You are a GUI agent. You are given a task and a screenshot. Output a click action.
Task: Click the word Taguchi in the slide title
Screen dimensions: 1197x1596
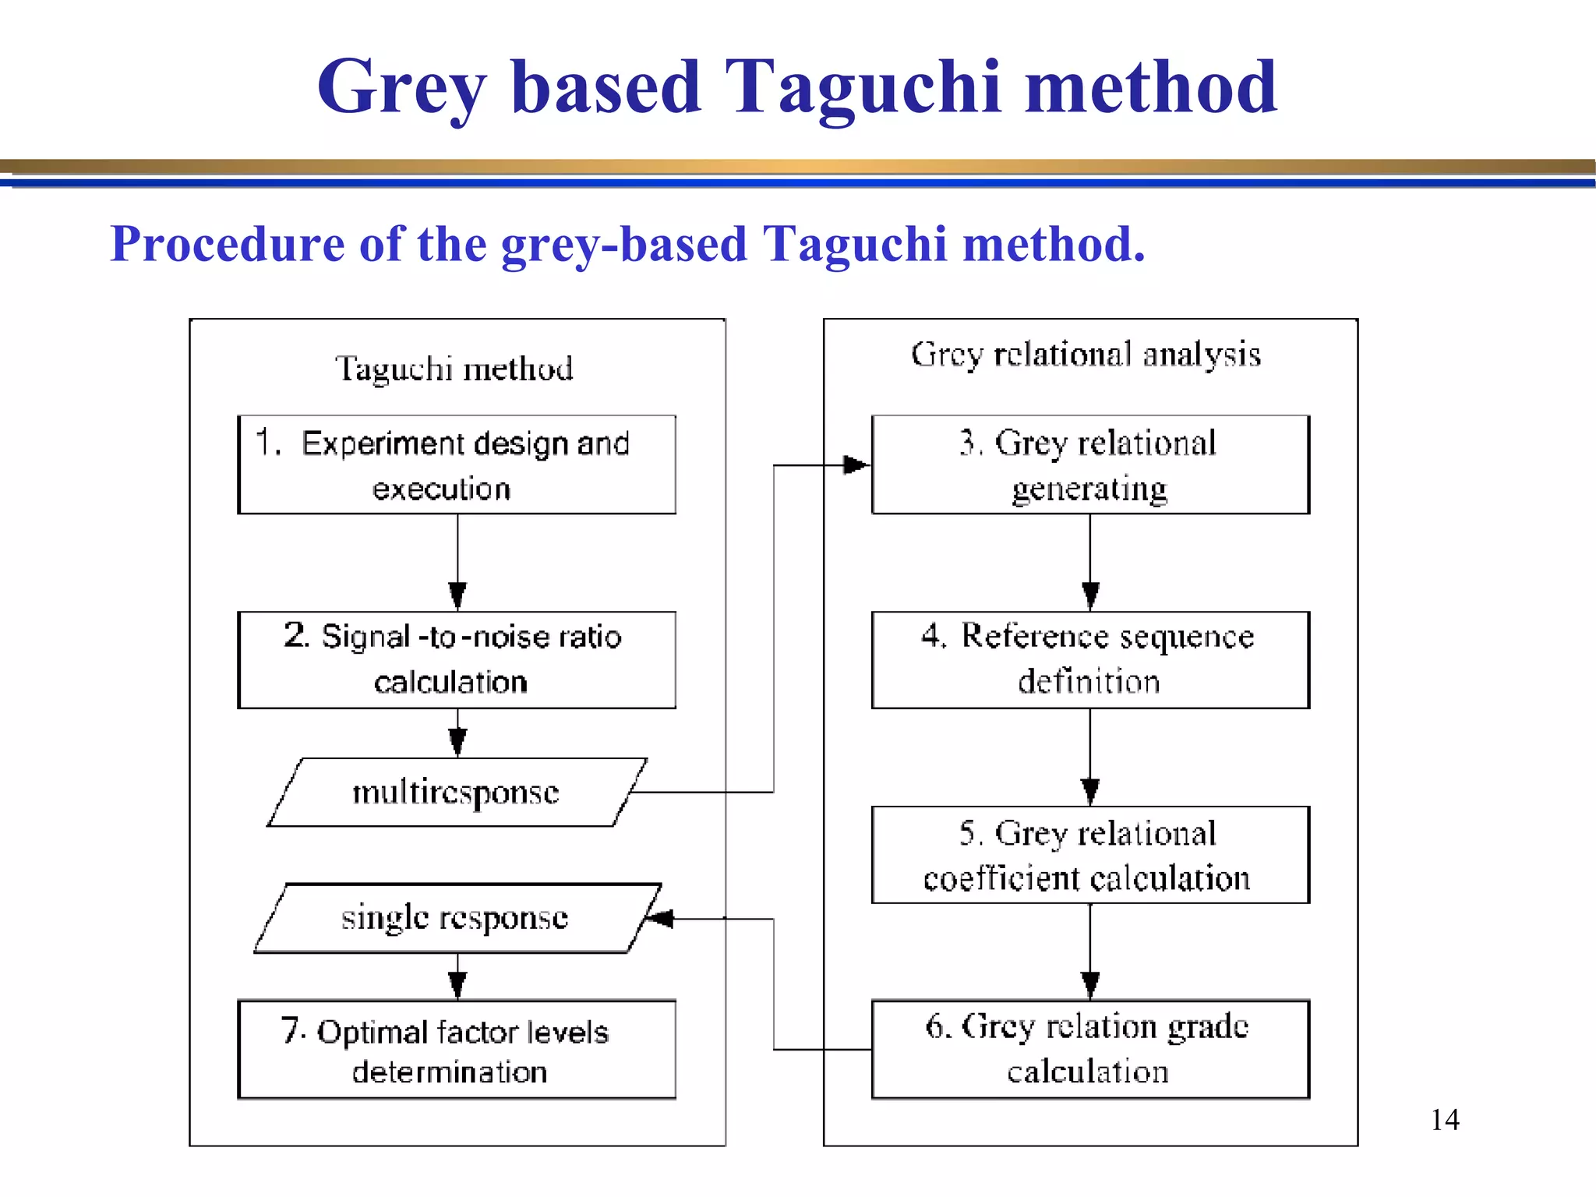862,87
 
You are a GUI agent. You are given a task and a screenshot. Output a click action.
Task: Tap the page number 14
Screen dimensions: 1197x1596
1444,1120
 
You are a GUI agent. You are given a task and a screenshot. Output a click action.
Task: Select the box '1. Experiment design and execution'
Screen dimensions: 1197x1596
457,464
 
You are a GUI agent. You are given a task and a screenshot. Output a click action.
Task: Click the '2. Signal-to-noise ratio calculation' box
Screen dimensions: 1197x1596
457,659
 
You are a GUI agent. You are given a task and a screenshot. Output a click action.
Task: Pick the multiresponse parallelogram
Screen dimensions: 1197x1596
457,792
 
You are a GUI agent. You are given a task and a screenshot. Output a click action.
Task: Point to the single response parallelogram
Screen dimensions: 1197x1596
457,918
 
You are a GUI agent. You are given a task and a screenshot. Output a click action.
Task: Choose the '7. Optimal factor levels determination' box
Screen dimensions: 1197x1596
457,1049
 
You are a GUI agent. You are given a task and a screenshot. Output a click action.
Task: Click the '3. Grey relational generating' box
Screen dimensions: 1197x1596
1089,464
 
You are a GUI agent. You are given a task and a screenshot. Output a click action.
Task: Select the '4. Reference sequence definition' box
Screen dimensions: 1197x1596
1089,659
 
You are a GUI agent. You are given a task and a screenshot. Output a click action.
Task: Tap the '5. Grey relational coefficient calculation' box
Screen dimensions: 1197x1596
1089,854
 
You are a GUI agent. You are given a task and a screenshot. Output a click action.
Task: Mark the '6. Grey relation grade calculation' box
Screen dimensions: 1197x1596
1089,1049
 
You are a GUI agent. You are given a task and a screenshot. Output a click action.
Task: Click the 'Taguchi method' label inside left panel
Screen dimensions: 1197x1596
454,369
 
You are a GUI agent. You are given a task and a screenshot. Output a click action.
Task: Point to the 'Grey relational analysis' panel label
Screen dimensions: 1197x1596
1086,355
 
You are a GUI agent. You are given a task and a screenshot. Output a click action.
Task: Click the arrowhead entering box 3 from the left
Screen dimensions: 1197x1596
856,465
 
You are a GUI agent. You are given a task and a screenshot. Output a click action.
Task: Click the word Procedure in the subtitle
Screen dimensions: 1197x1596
228,244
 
